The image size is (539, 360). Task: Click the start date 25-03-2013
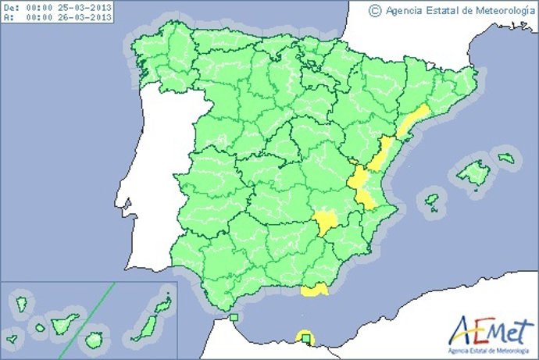[83, 6]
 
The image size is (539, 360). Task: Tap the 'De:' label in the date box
[12, 6]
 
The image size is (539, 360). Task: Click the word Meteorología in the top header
[494, 10]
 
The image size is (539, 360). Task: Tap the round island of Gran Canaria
[94, 340]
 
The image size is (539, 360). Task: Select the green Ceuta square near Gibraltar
[234, 317]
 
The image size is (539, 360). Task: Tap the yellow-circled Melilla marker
[305, 337]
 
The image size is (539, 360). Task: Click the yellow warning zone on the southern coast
[314, 290]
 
